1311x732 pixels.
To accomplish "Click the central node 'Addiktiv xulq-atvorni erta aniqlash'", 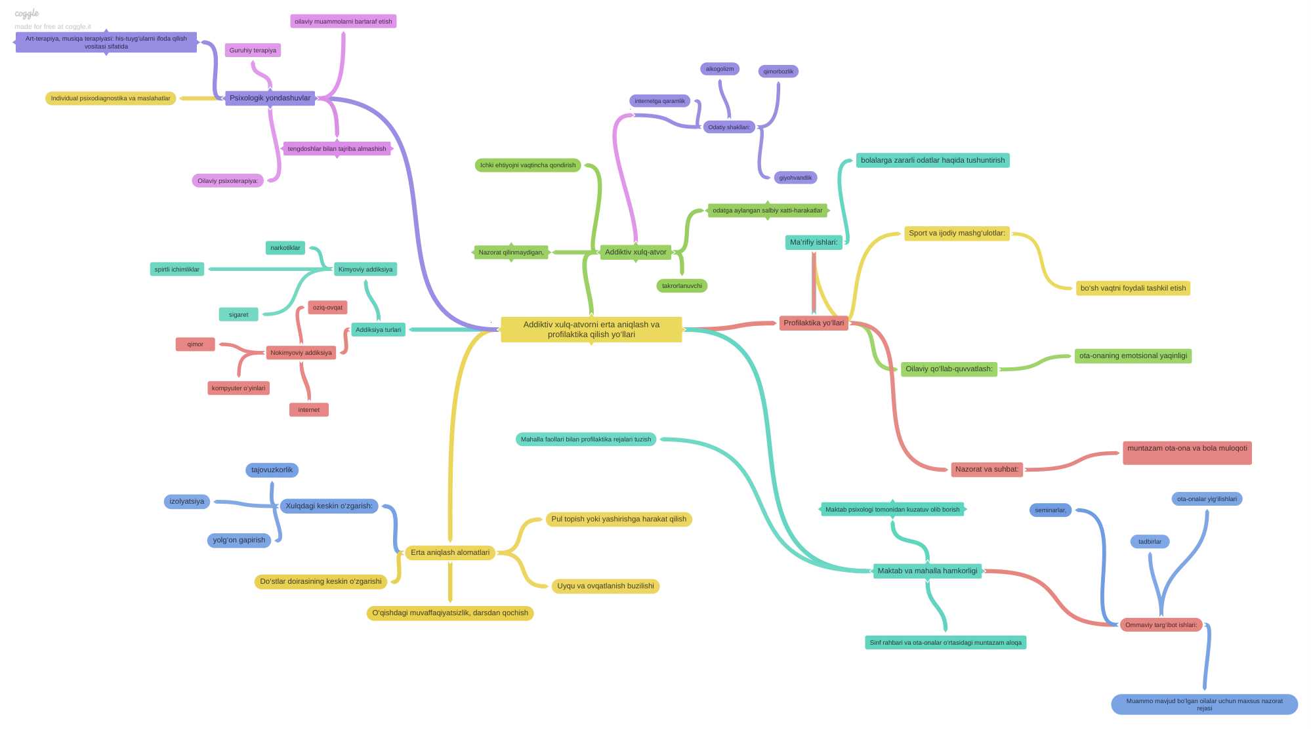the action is click(x=591, y=329).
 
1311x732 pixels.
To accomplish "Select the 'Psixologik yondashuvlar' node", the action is click(x=270, y=98).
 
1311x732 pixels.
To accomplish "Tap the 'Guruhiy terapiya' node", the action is click(x=253, y=51).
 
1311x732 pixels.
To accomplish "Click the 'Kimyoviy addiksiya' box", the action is click(x=365, y=269).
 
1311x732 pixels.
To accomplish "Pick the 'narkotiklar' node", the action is click(x=285, y=248).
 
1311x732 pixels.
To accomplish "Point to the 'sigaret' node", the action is click(x=239, y=315).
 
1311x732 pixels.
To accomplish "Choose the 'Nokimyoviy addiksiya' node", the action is click(x=301, y=353).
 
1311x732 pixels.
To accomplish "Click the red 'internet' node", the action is click(x=309, y=410).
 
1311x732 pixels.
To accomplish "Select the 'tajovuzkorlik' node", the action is click(x=272, y=470).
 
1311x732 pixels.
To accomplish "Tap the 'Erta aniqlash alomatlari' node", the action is click(x=450, y=553).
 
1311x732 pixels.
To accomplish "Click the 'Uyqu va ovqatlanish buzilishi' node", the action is click(x=606, y=586).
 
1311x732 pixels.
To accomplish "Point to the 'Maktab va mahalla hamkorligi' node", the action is click(x=927, y=571).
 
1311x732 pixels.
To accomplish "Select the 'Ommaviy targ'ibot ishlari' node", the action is click(x=1161, y=625).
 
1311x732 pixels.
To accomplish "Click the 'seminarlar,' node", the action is click(x=1051, y=510).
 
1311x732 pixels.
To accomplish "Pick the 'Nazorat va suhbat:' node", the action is click(x=987, y=470).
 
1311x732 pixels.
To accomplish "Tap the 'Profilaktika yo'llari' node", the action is click(x=814, y=323).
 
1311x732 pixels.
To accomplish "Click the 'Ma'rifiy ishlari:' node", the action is click(x=814, y=243).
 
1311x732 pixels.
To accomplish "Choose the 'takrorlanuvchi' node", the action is click(x=682, y=286).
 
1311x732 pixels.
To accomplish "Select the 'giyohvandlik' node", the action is click(x=795, y=178).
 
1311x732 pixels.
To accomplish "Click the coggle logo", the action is click(x=27, y=14).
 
